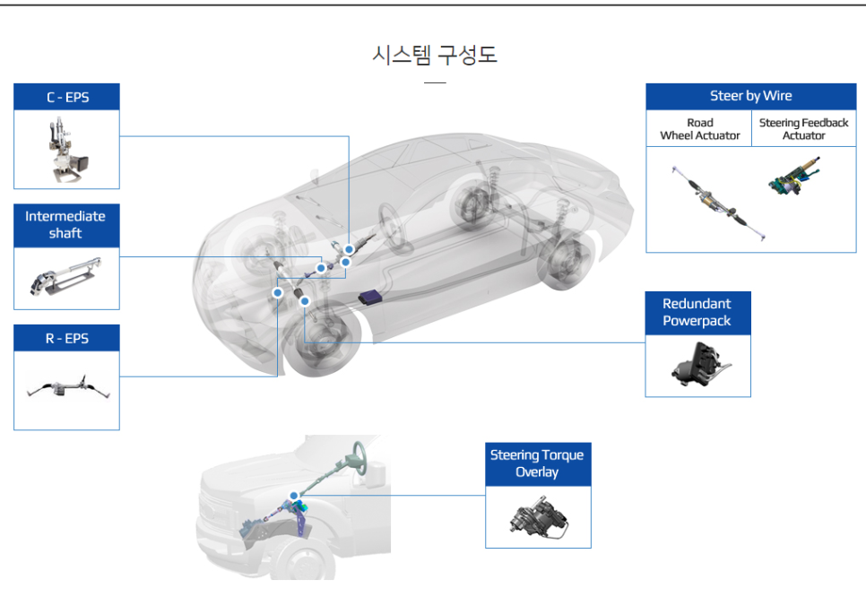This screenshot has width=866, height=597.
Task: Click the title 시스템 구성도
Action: click(x=434, y=56)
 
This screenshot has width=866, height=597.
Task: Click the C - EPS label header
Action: click(x=67, y=97)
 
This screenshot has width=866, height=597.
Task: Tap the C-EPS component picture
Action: click(x=66, y=149)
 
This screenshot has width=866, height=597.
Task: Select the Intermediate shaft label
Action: click(x=65, y=225)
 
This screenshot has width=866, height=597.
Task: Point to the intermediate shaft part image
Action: click(x=66, y=278)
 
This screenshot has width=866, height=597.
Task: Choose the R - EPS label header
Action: click(x=67, y=339)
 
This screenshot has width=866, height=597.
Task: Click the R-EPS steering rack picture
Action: click(x=66, y=390)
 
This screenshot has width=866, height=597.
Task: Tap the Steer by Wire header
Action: click(x=751, y=97)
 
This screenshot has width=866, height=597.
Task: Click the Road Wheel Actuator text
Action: click(x=699, y=129)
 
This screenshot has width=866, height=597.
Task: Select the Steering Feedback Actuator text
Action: click(x=803, y=129)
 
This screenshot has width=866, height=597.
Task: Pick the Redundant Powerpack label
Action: click(x=697, y=313)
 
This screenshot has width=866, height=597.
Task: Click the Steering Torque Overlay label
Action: click(x=537, y=463)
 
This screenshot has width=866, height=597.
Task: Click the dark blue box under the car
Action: click(x=370, y=298)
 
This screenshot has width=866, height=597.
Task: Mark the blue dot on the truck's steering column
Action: click(x=293, y=495)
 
